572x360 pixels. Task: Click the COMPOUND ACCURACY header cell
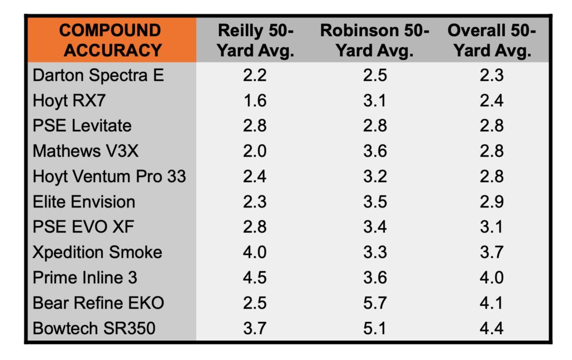[111, 40]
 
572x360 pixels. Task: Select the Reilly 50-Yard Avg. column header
[255, 40]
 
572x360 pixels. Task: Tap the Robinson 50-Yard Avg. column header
[375, 40]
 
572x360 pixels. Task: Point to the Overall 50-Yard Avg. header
[491, 40]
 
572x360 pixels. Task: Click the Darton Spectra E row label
[98, 75]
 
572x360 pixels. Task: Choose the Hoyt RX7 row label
[69, 100]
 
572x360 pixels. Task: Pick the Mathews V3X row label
[85, 151]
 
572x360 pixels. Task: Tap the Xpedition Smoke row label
[97, 252]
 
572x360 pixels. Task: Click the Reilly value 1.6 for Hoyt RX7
[255, 100]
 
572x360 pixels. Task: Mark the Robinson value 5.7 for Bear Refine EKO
[375, 302]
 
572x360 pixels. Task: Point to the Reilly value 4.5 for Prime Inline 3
[255, 277]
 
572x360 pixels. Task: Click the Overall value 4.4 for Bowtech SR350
[492, 328]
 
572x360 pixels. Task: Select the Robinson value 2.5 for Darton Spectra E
[375, 75]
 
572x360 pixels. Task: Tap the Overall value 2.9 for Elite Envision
[492, 201]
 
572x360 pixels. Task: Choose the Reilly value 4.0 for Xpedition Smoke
[255, 252]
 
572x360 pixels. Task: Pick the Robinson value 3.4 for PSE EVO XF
[375, 226]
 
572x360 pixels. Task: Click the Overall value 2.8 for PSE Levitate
[492, 125]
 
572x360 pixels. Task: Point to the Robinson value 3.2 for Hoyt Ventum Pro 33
[375, 176]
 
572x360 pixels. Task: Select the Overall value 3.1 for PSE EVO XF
[492, 226]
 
